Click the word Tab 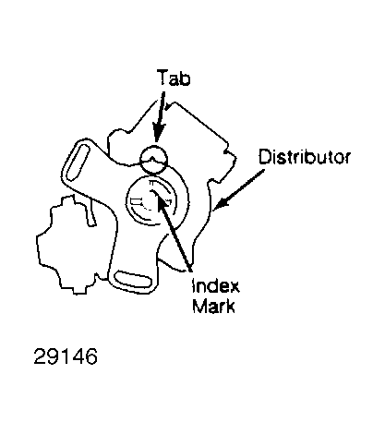pyautogui.click(x=174, y=78)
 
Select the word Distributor pyautogui.click(x=305, y=156)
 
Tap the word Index pyautogui.click(x=215, y=286)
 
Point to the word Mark pyautogui.click(x=213, y=306)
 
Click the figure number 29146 pyautogui.click(x=66, y=356)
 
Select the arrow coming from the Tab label pyautogui.click(x=159, y=116)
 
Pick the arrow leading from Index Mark pyautogui.click(x=173, y=232)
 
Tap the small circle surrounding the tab pyautogui.click(x=154, y=146)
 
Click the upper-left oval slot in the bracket pyautogui.click(x=77, y=163)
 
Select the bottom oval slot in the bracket pyautogui.click(x=133, y=279)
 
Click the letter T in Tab pyautogui.click(x=162, y=78)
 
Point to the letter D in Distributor pyautogui.click(x=265, y=156)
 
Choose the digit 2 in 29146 pyautogui.click(x=40, y=356)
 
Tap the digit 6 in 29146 pyautogui.click(x=91, y=356)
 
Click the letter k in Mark pyautogui.click(x=231, y=306)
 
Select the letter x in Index pyautogui.click(x=234, y=288)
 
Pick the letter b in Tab pyautogui.click(x=186, y=78)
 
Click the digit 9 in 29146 pyautogui.click(x=53, y=356)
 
